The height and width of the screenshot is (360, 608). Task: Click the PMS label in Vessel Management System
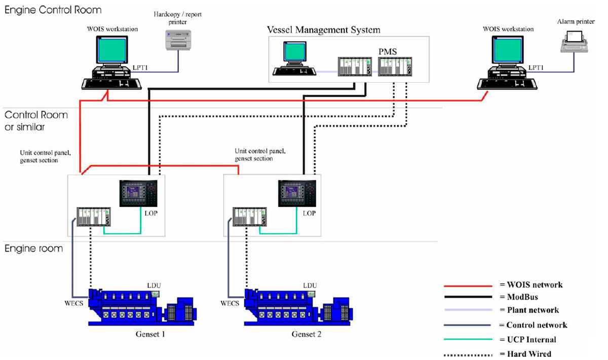click(387, 52)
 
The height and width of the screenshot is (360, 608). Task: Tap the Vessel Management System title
click(323, 30)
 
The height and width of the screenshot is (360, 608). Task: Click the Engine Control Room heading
click(53, 10)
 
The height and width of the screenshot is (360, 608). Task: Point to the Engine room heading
click(33, 248)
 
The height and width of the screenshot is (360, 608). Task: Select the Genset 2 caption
click(307, 335)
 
